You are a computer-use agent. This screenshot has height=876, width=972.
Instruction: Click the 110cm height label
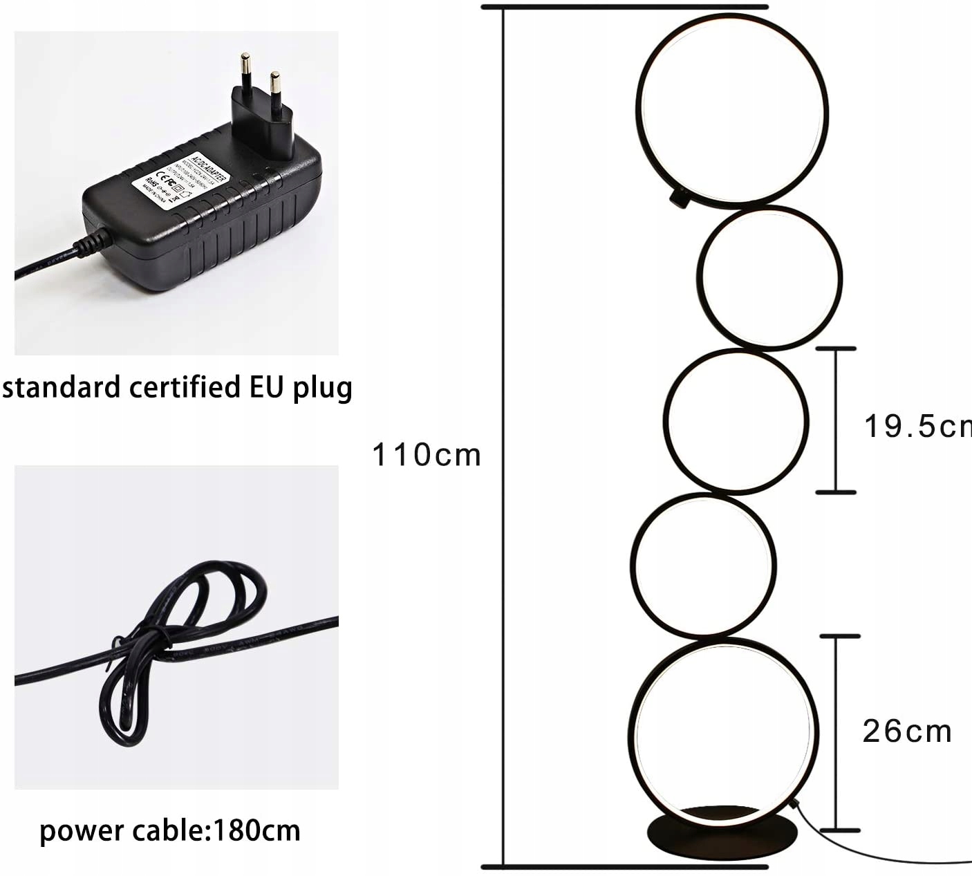(426, 455)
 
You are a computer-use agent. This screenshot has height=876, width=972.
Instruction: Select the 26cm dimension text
(906, 731)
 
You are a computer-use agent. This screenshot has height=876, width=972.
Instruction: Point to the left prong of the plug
(245, 72)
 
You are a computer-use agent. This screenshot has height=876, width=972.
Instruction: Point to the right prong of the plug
(275, 88)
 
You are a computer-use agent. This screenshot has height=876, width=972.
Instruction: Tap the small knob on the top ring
(679, 199)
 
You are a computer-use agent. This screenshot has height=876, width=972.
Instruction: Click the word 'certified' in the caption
(185, 387)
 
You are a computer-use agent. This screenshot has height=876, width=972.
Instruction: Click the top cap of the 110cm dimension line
(624, 7)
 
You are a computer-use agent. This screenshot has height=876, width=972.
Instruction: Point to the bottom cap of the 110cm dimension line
(624, 866)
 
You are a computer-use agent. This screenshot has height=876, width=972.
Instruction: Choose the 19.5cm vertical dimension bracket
(836, 420)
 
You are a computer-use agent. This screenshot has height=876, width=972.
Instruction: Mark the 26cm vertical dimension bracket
(839, 732)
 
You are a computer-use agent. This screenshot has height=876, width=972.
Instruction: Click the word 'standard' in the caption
(62, 387)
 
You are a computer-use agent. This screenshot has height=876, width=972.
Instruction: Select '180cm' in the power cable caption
(257, 830)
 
